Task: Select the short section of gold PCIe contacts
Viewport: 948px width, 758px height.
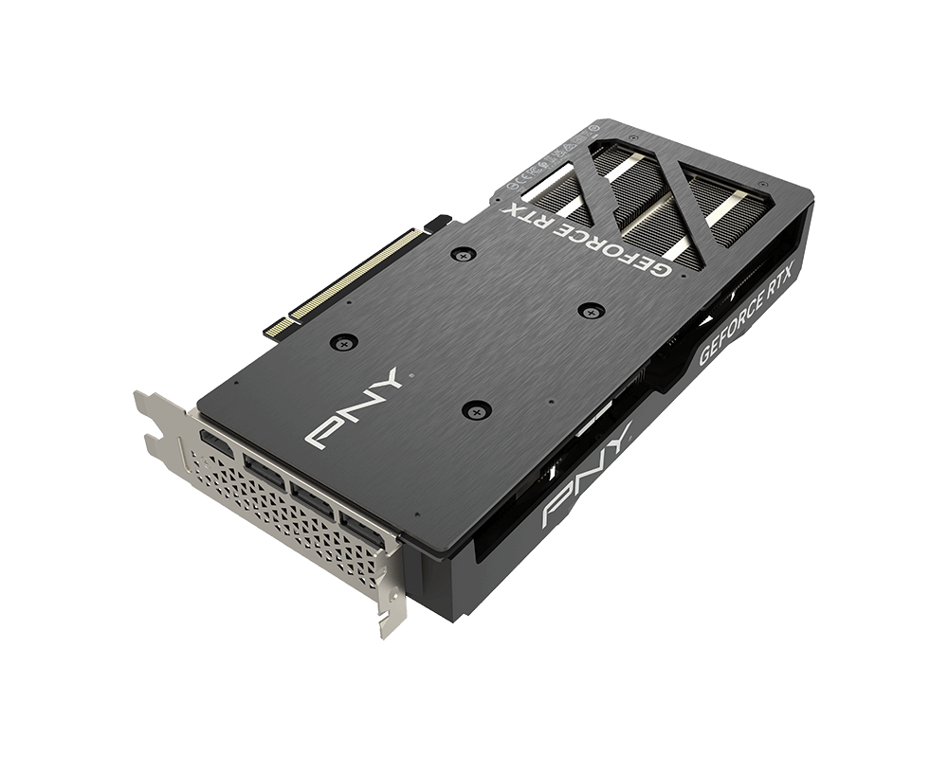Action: pyautogui.click(x=277, y=326)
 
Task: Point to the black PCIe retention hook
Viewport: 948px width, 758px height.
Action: pyautogui.click(x=437, y=224)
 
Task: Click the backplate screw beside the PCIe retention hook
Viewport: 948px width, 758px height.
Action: pyautogui.click(x=463, y=254)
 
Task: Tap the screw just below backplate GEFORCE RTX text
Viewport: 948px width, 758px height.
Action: pyautogui.click(x=590, y=310)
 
